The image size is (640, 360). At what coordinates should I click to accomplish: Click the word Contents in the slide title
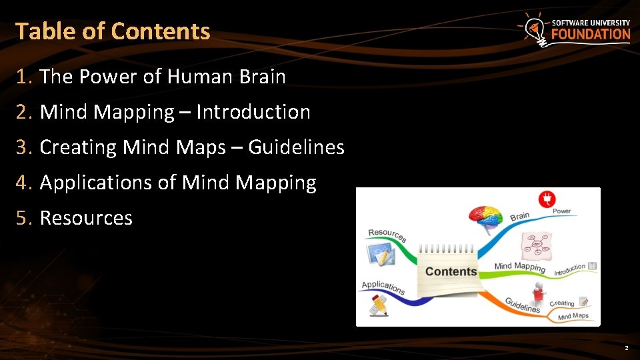161,31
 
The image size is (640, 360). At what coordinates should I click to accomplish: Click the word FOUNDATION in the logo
591,35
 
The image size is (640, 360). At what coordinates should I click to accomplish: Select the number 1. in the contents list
25,77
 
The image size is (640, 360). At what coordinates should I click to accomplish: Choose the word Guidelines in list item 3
297,147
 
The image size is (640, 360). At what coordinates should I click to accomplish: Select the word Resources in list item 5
86,218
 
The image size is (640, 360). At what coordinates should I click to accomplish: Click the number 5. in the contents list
25,218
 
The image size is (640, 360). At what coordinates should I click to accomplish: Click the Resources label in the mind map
387,235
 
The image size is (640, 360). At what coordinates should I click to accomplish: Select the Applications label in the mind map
383,287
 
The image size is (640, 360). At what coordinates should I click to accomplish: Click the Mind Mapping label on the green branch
520,267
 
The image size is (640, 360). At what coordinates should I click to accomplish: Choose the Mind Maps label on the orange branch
573,316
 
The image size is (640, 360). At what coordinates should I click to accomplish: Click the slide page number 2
626,349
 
